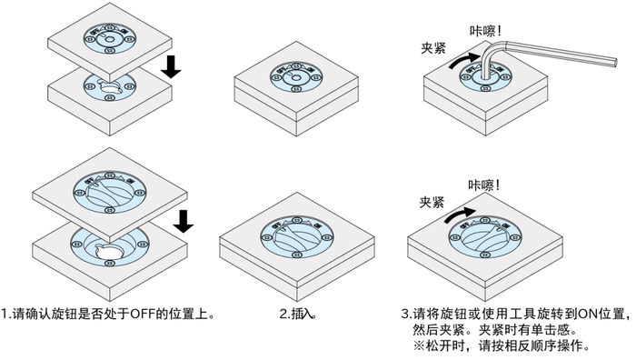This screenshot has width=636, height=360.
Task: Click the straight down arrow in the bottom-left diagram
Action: pos(184,218)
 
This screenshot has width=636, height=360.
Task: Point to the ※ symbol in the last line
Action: pos(420,346)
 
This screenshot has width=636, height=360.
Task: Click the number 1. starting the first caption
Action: pos(6,315)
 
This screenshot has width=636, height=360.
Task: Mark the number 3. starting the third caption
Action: pos(405,315)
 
